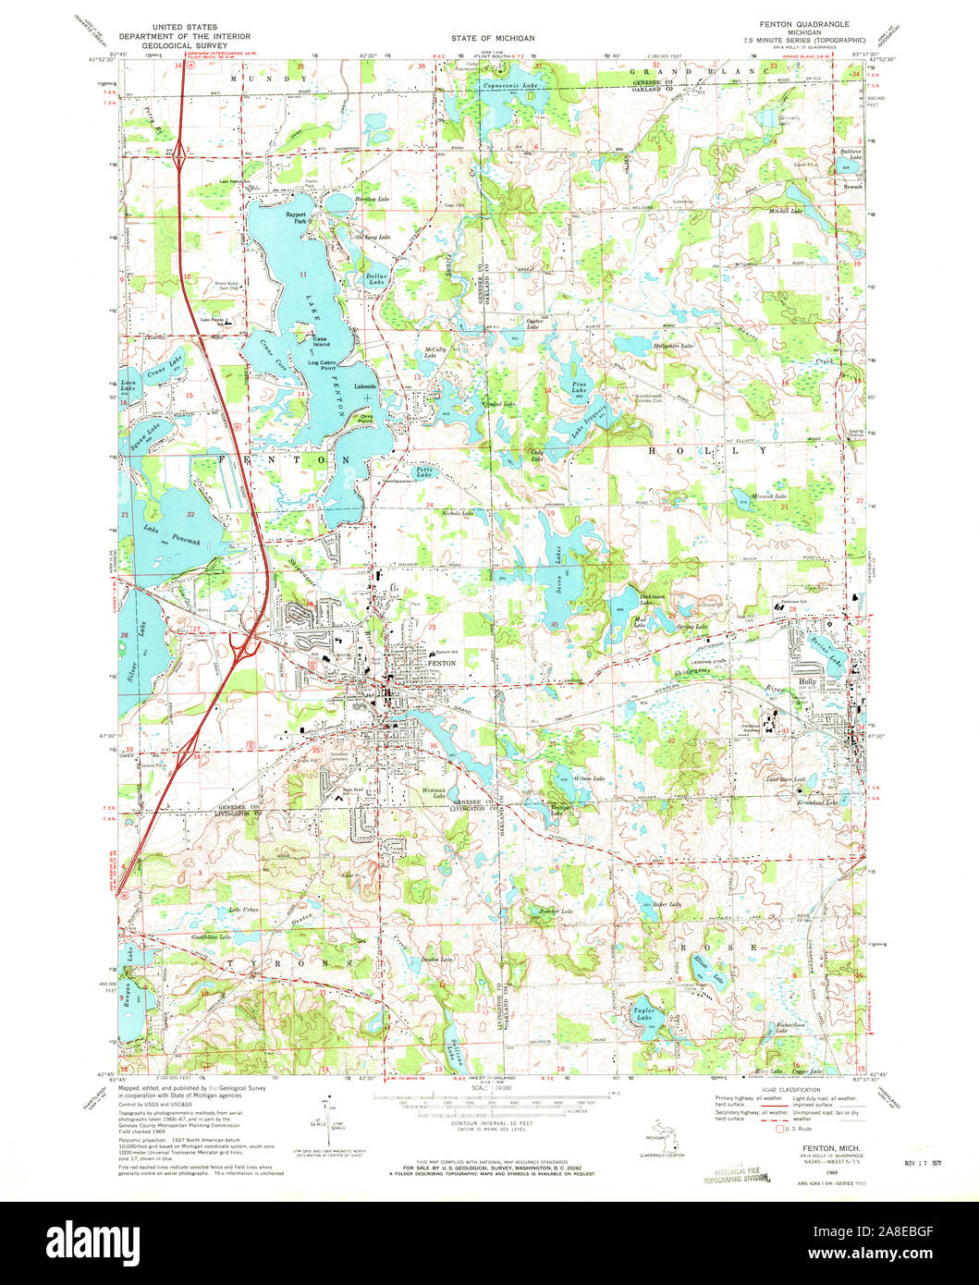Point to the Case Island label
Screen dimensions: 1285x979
(320, 341)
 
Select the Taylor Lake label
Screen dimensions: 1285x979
(643, 1015)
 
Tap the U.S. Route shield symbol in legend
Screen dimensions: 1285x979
(785, 1129)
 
